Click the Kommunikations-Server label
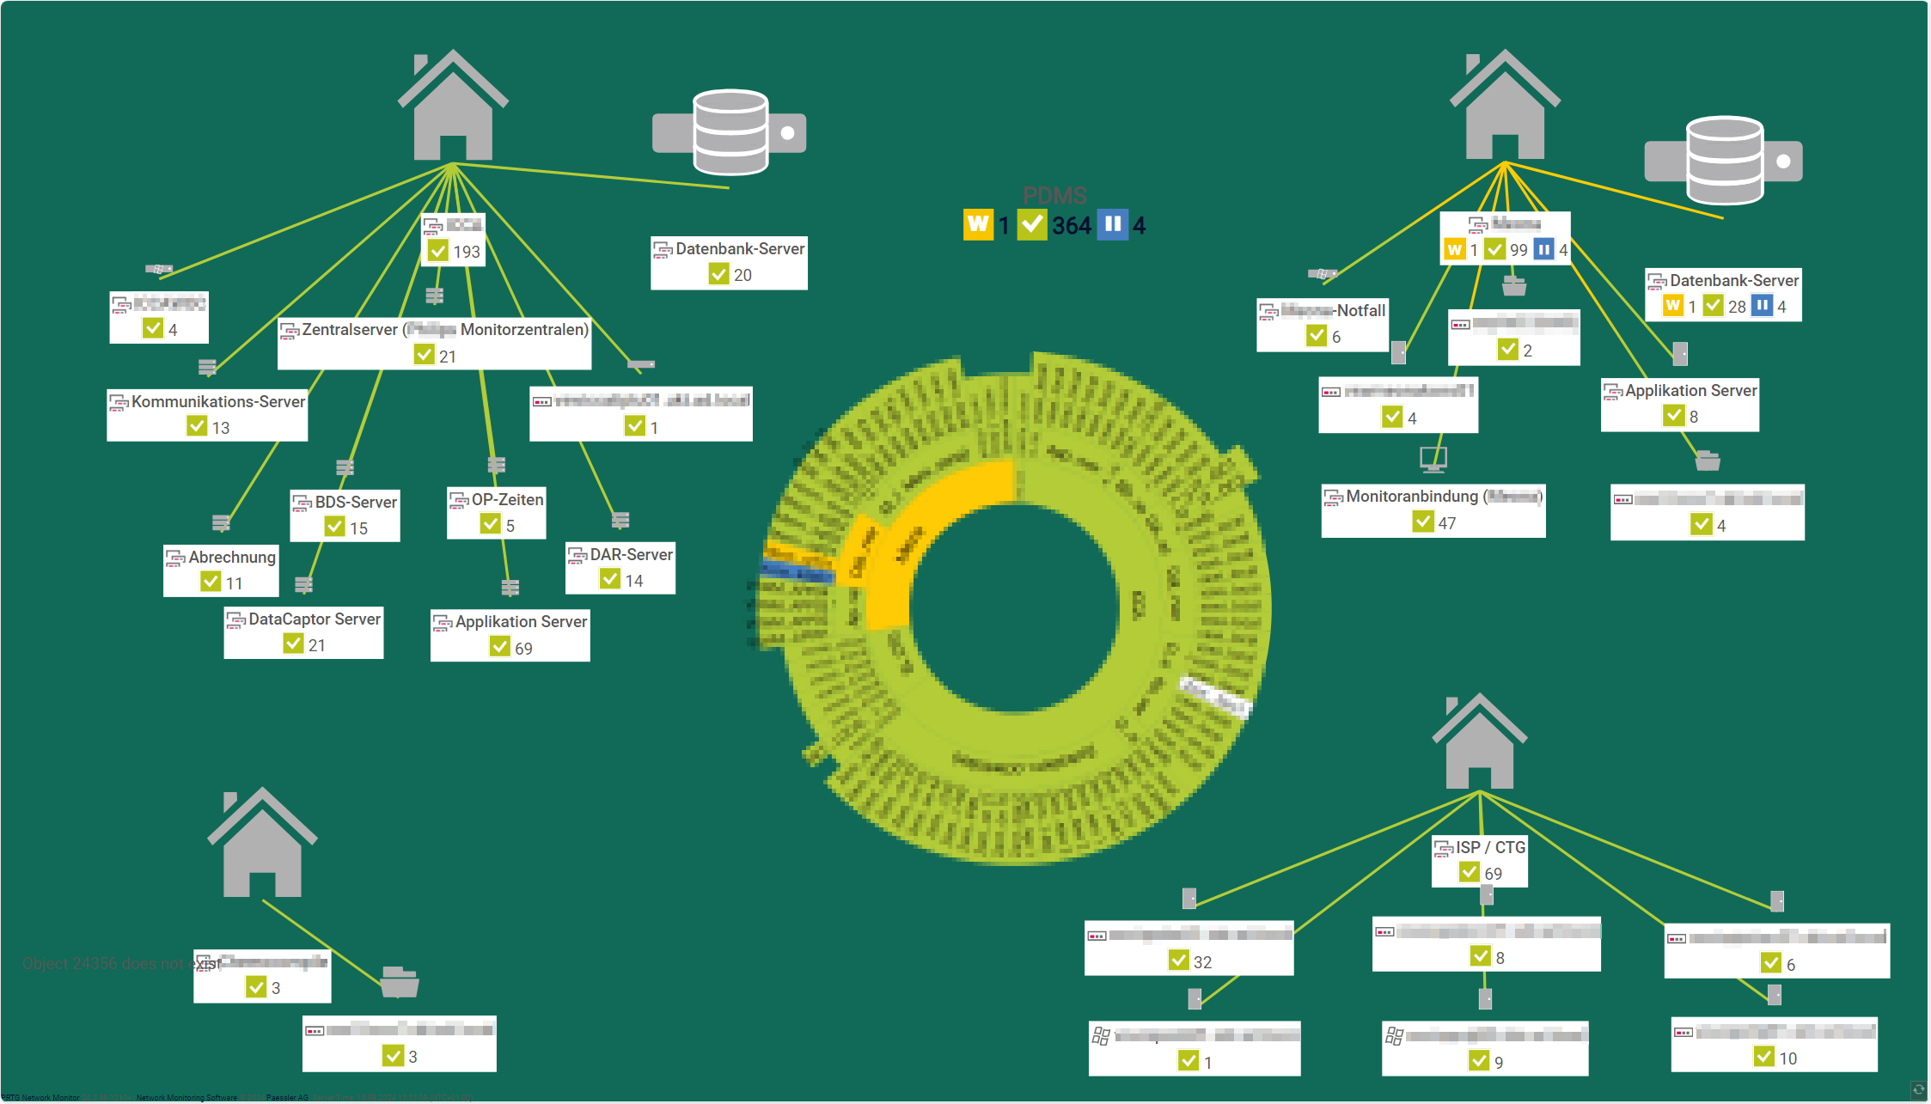pyautogui.click(x=217, y=402)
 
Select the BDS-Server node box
pyautogui.click(x=345, y=515)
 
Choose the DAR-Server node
pyautogui.click(x=620, y=567)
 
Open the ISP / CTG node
pyautogui.click(x=1480, y=860)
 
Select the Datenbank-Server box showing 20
pyautogui.click(x=729, y=262)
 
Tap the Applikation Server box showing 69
pyautogui.click(x=510, y=635)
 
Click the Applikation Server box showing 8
pyautogui.click(x=1680, y=404)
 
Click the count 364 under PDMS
pyautogui.click(x=1072, y=226)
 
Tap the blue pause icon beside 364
pyautogui.click(x=1113, y=225)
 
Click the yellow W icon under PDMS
pyautogui.click(x=978, y=225)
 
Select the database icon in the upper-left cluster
pyautogui.click(x=730, y=132)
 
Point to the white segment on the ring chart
pyautogui.click(x=1215, y=696)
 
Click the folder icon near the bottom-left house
pyautogui.click(x=400, y=981)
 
